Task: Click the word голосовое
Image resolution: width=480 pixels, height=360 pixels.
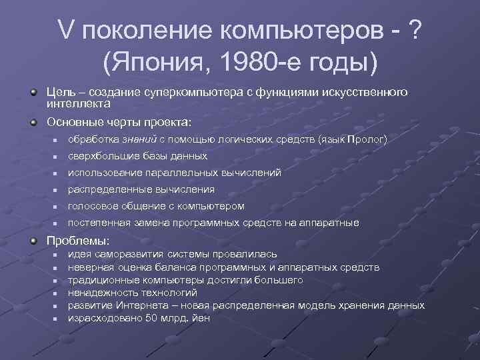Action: pyautogui.click(x=93, y=205)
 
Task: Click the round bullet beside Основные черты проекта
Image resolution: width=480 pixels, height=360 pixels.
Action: pyautogui.click(x=33, y=121)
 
